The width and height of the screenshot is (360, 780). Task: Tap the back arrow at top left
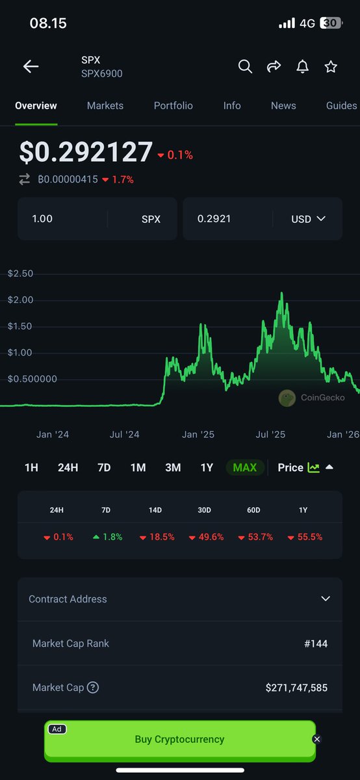pyautogui.click(x=31, y=66)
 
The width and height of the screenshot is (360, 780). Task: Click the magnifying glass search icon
pyautogui.click(x=245, y=66)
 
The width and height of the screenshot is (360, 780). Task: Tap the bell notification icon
pyautogui.click(x=302, y=66)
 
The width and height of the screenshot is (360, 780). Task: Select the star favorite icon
pyautogui.click(x=331, y=66)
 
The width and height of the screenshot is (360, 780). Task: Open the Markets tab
pyautogui.click(x=105, y=105)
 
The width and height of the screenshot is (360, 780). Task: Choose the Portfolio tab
pyautogui.click(x=173, y=105)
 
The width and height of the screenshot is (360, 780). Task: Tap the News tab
pyautogui.click(x=283, y=105)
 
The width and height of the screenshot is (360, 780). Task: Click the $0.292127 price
pyautogui.click(x=86, y=152)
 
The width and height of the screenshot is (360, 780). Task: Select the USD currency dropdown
pyautogui.click(x=308, y=219)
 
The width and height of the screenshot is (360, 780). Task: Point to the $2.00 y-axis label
pyautogui.click(x=20, y=300)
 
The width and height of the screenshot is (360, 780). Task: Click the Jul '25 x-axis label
pyautogui.click(x=270, y=434)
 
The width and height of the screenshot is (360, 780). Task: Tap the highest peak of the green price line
pyautogui.click(x=281, y=294)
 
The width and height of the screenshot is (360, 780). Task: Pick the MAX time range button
pyautogui.click(x=244, y=467)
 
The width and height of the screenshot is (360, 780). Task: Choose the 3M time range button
pyautogui.click(x=173, y=467)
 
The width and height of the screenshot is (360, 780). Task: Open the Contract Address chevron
pyautogui.click(x=326, y=599)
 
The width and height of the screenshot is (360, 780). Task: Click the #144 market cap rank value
pyautogui.click(x=316, y=643)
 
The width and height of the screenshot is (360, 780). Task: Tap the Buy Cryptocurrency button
pyautogui.click(x=179, y=739)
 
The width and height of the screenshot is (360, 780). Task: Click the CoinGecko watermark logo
pyautogui.click(x=287, y=398)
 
